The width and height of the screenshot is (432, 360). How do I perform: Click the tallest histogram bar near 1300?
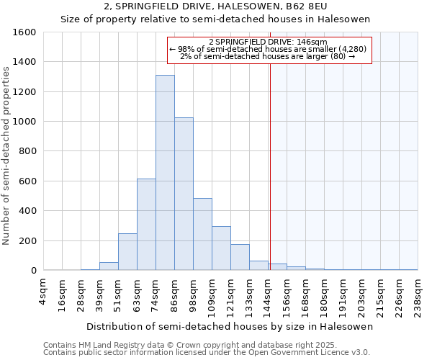pyautogui.click(x=165, y=173)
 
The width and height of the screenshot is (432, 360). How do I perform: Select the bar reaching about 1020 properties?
pyautogui.click(x=184, y=194)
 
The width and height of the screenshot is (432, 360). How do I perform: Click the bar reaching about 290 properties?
pyautogui.click(x=221, y=248)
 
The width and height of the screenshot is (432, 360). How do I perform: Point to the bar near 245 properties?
pyautogui.click(x=127, y=252)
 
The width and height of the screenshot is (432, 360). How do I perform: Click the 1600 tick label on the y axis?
pyautogui.click(x=24, y=32)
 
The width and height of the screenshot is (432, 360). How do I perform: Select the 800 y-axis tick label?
pyautogui.click(x=27, y=151)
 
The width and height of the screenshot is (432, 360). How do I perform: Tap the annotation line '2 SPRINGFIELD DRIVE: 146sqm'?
pyautogui.click(x=268, y=42)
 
